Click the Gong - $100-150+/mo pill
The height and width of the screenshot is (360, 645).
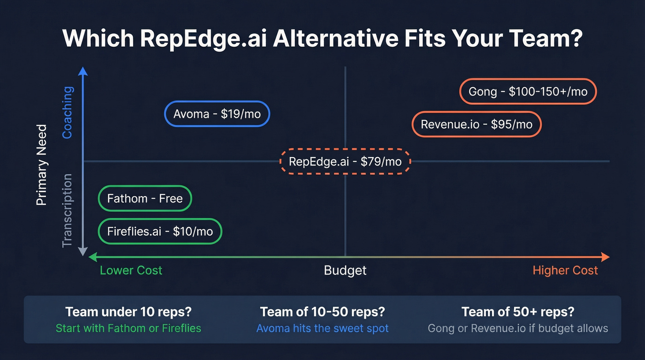point(528,92)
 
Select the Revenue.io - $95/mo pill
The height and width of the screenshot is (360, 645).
point(476,124)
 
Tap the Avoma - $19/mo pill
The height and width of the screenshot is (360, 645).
point(217,114)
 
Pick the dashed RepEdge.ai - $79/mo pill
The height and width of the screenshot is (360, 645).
point(345,162)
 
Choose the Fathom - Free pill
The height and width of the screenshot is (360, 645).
point(145,199)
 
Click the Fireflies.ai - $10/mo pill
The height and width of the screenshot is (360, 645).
point(160,231)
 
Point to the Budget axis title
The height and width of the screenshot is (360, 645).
point(345,270)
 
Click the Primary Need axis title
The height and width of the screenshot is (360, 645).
point(42,165)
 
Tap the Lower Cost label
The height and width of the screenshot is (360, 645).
point(131,270)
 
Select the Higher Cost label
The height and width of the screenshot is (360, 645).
point(565,270)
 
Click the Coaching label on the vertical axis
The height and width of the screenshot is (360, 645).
point(67,112)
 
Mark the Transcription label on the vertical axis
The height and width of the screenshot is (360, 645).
point(67,210)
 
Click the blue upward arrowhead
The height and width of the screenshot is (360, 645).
point(83,71)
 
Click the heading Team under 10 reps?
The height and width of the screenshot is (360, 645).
point(129,312)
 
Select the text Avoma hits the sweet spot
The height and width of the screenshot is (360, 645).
point(322,328)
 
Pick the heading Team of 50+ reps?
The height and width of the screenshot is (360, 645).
point(518,312)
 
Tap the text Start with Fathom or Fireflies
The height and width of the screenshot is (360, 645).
point(129,328)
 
